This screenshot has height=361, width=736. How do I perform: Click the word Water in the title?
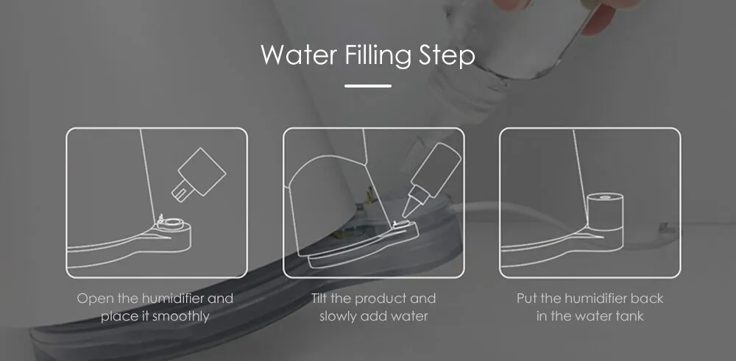(299, 55)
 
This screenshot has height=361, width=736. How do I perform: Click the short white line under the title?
(367, 86)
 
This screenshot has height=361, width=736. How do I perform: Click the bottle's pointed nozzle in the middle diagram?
(408, 207)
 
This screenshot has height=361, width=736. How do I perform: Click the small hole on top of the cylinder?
(606, 196)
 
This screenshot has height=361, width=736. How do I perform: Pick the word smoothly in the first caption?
(181, 316)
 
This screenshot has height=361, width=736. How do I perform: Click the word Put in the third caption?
(527, 299)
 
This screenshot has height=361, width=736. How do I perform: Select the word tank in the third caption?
(629, 316)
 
